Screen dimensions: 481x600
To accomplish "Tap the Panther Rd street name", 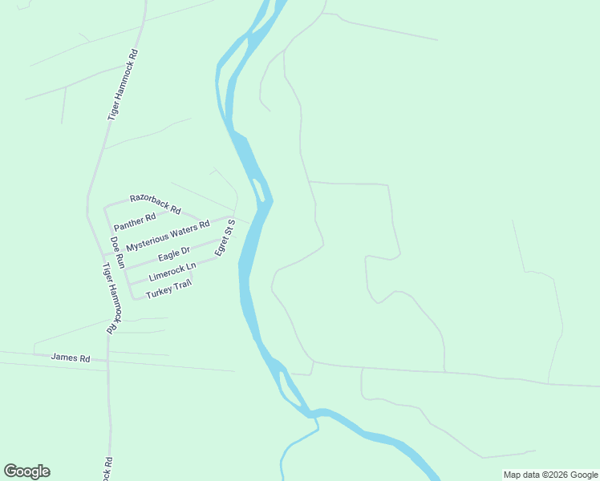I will point(135,220).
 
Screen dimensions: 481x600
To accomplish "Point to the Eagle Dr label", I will point(173,255).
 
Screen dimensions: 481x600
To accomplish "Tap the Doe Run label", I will point(118,252).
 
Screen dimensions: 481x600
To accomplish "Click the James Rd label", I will point(71,358).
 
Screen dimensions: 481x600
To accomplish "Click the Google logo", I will point(26,471).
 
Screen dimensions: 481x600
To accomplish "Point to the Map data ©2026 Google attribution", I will point(550,475).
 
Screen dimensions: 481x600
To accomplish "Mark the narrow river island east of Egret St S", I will point(259,190).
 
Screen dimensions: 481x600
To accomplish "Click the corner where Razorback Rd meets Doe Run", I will point(105,207).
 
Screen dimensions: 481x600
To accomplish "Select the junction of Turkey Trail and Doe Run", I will point(133,298).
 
